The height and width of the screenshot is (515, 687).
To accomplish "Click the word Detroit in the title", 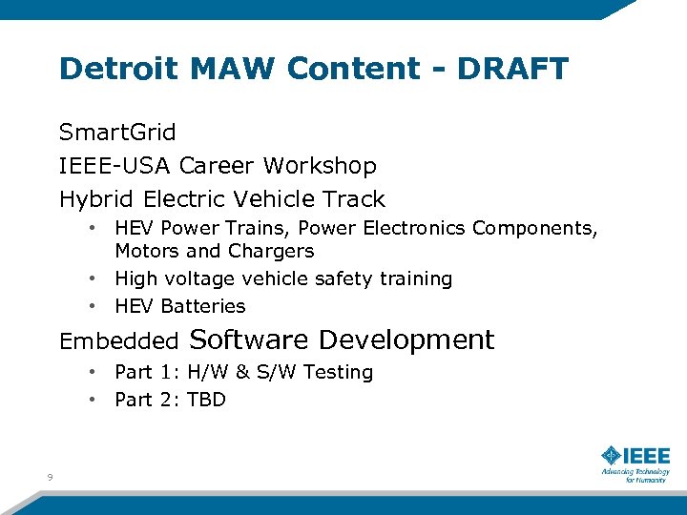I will click(x=117, y=69).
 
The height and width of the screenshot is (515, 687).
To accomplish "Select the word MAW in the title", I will click(x=231, y=69).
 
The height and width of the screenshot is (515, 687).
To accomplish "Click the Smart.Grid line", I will click(x=117, y=132).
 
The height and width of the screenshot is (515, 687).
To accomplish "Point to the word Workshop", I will click(x=320, y=166).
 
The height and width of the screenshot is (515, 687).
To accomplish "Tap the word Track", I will click(x=355, y=199).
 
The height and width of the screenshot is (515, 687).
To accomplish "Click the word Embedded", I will click(x=118, y=340).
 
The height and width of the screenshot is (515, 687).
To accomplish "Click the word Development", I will click(x=406, y=340).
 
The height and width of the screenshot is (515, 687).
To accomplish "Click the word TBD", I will click(x=206, y=400).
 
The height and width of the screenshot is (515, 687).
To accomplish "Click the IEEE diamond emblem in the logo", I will click(x=610, y=455).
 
